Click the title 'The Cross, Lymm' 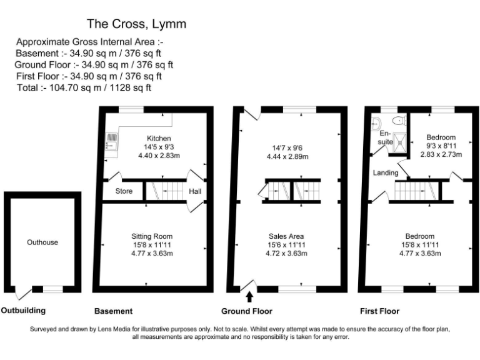[136, 24]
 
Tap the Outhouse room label [42, 242]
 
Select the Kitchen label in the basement [159, 138]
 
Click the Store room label [124, 191]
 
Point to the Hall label [195, 191]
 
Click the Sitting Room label [152, 236]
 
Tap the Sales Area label [286, 236]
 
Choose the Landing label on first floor [386, 172]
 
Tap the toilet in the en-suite [399, 120]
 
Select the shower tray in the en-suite [399, 142]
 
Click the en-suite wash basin [376, 124]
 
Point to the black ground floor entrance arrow [249, 297]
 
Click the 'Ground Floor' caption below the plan [247, 311]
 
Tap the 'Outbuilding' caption [23, 311]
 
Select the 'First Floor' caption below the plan [379, 311]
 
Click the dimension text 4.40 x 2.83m [159, 156]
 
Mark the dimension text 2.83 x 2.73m [441, 154]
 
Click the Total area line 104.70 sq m [84, 88]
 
